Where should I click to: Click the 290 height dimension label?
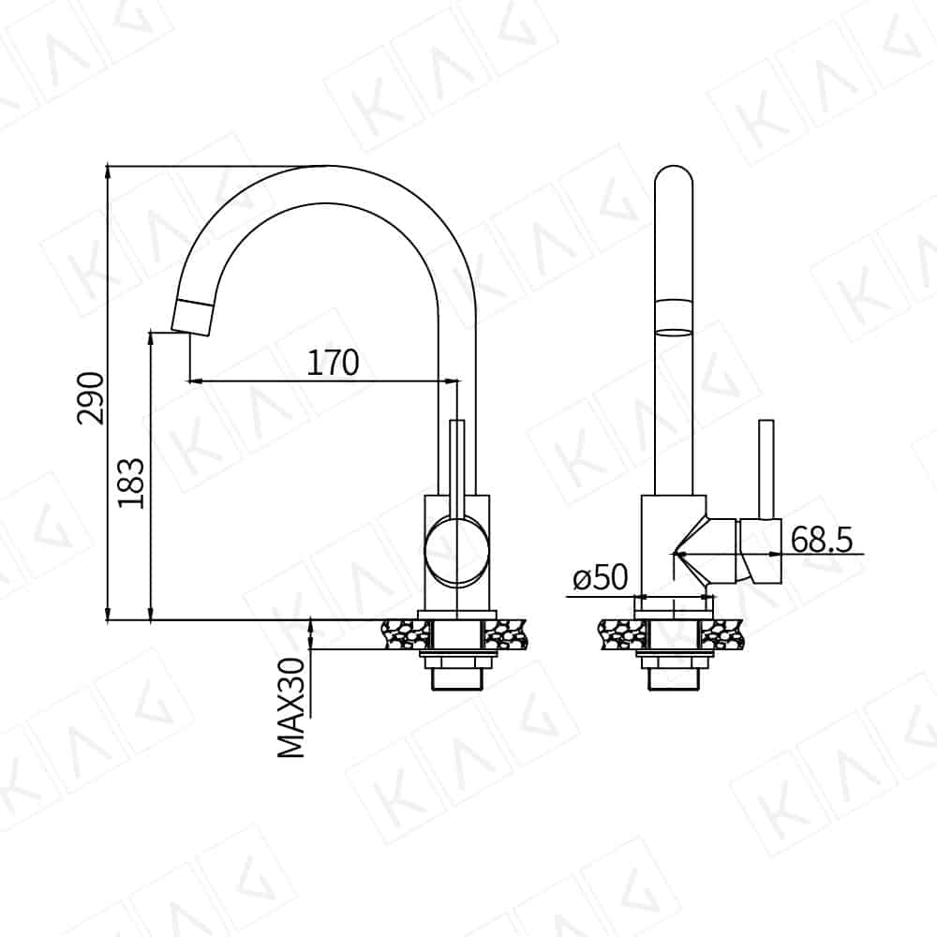[x=91, y=398]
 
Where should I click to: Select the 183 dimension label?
[x=131, y=483]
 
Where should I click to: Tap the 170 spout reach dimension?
[x=333, y=362]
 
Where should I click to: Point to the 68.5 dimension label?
[x=822, y=540]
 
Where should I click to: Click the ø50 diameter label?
[x=601, y=577]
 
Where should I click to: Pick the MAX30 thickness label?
[x=291, y=707]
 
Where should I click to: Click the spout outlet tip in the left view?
[x=192, y=318]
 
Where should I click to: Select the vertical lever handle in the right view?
[x=766, y=468]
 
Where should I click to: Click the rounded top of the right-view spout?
[x=674, y=173]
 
